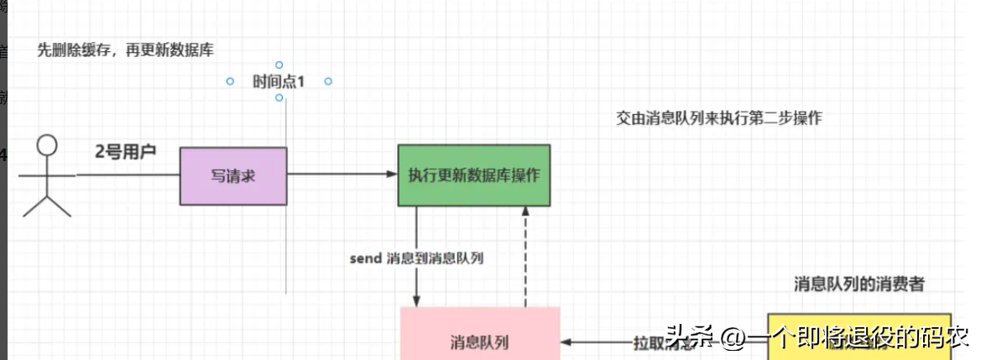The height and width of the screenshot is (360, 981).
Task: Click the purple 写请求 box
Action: [x=233, y=175]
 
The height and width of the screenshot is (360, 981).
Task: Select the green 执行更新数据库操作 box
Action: [x=474, y=175]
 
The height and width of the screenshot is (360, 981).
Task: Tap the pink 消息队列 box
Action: [x=479, y=341]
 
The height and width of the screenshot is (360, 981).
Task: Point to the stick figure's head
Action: [x=48, y=146]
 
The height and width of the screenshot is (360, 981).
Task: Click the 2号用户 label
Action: [x=126, y=152]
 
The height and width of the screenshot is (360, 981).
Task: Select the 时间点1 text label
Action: [x=278, y=81]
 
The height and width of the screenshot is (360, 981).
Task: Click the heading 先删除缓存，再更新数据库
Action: [x=126, y=50]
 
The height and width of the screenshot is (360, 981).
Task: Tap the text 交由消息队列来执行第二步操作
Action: [x=718, y=118]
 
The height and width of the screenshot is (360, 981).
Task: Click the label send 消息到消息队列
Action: [x=416, y=258]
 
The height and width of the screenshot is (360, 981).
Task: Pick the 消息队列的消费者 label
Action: [x=859, y=284]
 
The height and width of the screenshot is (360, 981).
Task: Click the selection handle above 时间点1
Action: [x=279, y=65]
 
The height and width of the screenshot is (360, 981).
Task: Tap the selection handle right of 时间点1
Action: [x=328, y=81]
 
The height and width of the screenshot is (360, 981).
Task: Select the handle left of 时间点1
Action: [x=229, y=81]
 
